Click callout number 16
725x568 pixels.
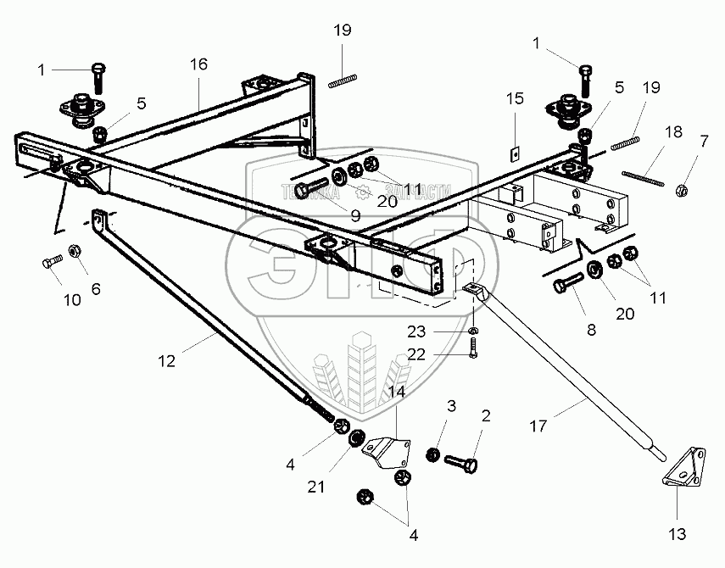click(x=198, y=65)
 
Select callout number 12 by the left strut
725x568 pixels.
click(x=166, y=361)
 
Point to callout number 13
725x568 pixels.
click(x=678, y=535)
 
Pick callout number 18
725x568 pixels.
click(x=673, y=132)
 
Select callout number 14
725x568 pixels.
click(x=397, y=392)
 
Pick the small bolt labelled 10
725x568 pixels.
click(x=51, y=263)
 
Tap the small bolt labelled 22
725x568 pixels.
click(x=473, y=347)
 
